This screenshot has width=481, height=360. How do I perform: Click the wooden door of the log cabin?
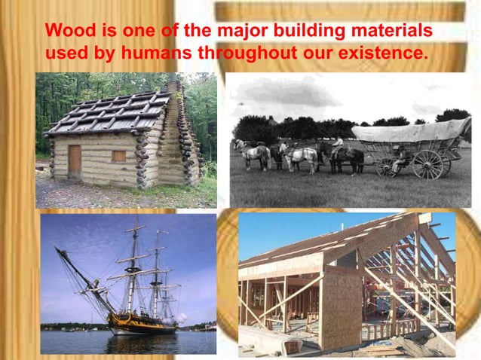click(74, 160)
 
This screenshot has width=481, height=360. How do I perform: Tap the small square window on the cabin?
click(118, 156)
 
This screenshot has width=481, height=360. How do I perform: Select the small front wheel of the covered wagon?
click(386, 166)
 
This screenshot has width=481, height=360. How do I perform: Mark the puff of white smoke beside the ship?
click(182, 318)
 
